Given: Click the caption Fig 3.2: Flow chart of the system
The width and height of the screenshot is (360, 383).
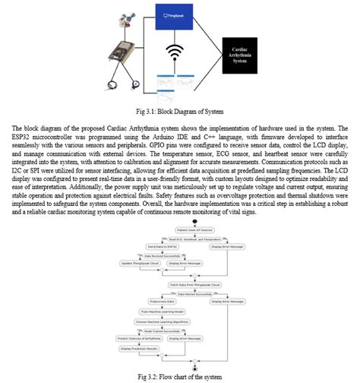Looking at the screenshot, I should click(180, 375).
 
